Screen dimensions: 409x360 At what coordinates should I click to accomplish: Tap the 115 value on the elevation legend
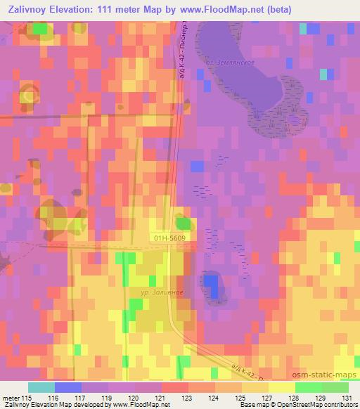[27, 398]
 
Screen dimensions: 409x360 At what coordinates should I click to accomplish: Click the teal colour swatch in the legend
[41, 387]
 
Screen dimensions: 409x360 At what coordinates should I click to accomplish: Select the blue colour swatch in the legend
[67, 387]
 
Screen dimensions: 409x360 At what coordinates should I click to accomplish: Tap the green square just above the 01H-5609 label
[184, 223]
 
